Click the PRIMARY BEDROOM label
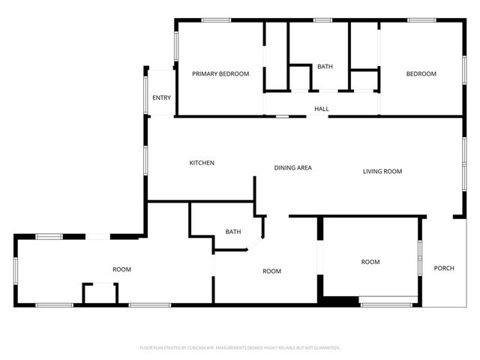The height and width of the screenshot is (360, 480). [220, 73]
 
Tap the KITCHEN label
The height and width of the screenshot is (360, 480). [202, 163]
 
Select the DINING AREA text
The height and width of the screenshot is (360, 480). [292, 168]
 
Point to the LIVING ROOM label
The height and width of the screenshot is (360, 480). [382, 172]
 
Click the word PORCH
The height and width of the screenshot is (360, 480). [445, 268]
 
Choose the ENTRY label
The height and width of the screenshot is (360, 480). [161, 98]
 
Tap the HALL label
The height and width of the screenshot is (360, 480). [322, 109]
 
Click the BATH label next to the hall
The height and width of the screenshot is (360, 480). [325, 67]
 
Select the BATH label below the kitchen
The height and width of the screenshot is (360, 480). [233, 232]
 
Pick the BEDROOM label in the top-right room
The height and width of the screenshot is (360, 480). [421, 73]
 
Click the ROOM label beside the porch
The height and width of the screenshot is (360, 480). [370, 262]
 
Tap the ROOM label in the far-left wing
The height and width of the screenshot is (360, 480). [121, 269]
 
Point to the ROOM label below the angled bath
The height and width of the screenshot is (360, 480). [271, 271]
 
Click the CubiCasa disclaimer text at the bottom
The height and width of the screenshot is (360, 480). [240, 348]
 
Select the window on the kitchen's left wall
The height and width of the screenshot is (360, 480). [147, 159]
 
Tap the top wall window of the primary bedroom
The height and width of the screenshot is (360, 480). [216, 20]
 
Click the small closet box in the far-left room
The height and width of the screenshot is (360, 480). [100, 293]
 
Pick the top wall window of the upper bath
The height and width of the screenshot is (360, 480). [323, 20]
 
